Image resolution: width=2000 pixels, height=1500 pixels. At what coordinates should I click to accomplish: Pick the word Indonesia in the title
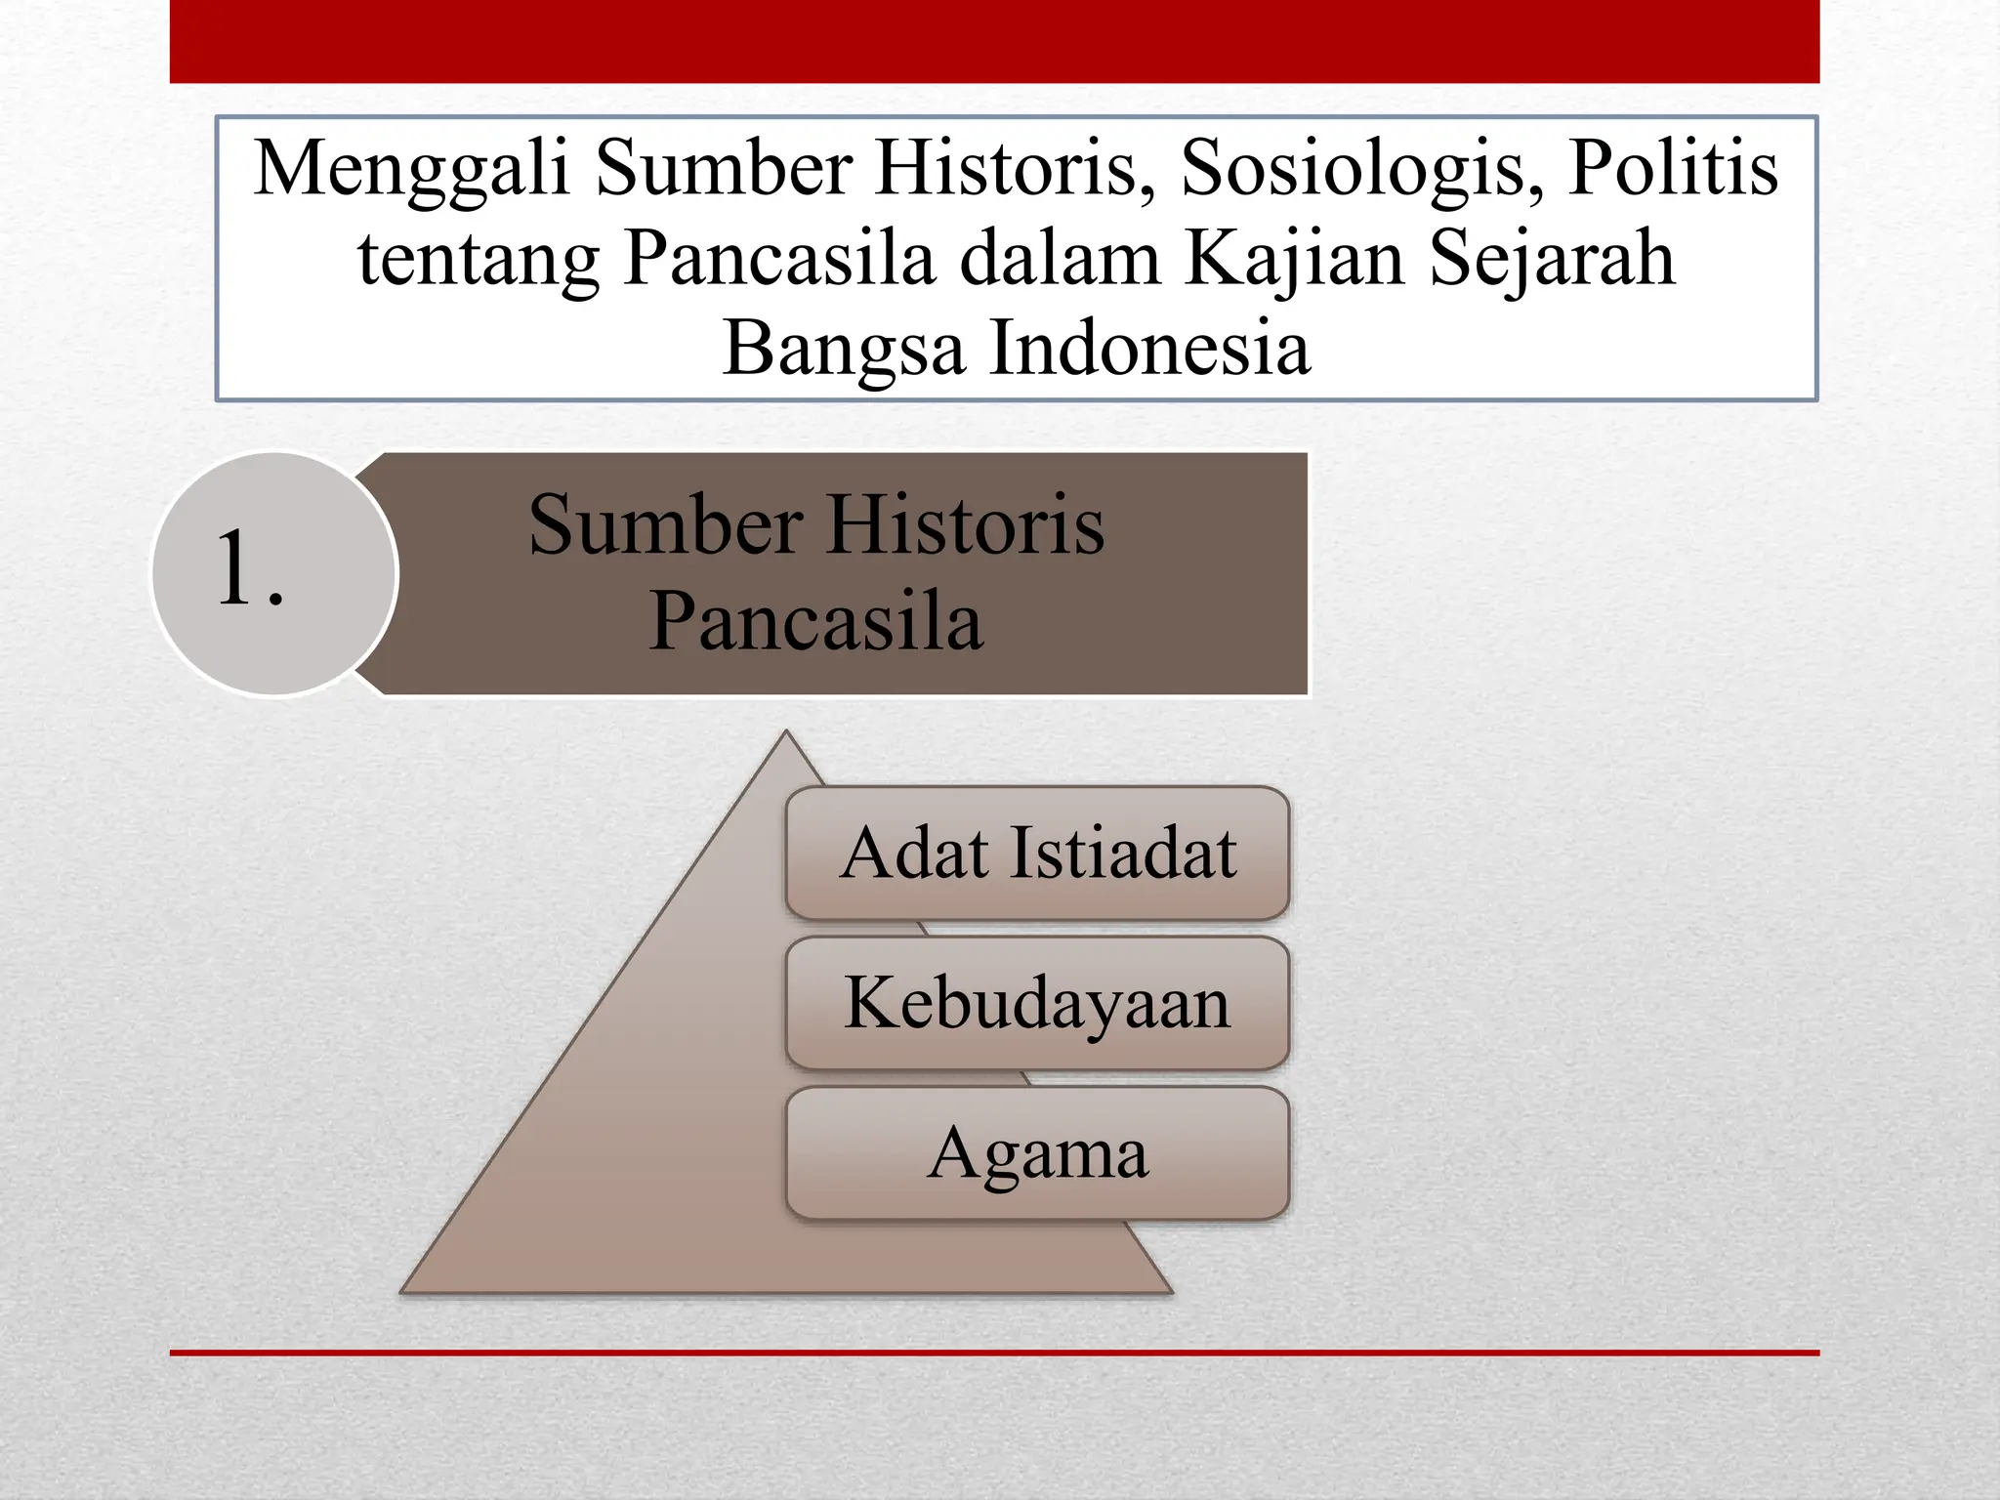tap(1149, 348)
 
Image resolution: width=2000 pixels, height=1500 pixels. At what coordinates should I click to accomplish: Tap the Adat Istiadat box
tap(1037, 854)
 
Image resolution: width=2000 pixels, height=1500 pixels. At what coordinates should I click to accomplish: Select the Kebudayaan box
tap(1037, 1003)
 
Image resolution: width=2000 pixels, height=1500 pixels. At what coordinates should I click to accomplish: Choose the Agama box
tap(1037, 1153)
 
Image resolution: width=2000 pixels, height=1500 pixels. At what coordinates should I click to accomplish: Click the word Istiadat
tap(1123, 853)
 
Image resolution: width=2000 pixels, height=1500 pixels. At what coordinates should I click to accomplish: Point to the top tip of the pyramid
tap(786, 730)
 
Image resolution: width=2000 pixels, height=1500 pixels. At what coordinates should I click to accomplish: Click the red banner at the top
tap(994, 41)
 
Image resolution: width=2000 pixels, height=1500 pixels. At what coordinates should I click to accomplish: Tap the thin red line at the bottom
tap(994, 1353)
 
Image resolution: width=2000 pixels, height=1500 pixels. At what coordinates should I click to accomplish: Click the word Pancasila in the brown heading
tap(816, 621)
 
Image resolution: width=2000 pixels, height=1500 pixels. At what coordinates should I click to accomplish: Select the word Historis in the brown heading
tap(967, 525)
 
